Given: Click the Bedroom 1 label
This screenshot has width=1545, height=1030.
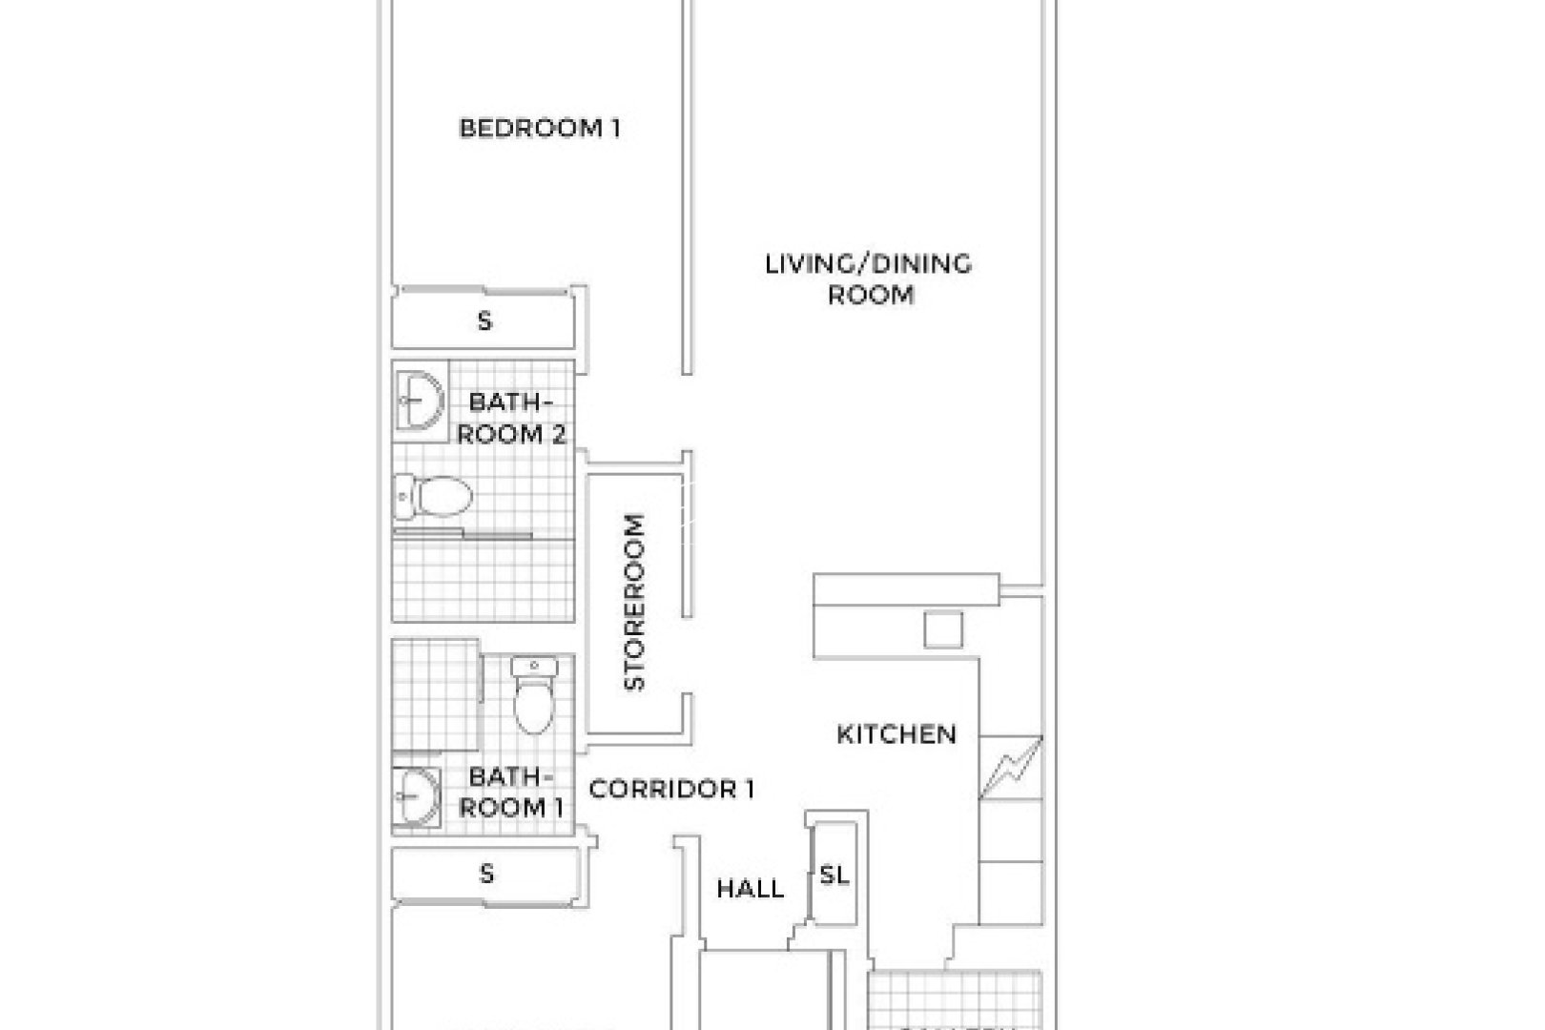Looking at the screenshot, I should pyautogui.click(x=540, y=128).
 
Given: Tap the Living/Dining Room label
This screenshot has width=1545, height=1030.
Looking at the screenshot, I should pyautogui.click(x=869, y=278).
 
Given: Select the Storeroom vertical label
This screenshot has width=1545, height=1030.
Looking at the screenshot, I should pyautogui.click(x=635, y=602).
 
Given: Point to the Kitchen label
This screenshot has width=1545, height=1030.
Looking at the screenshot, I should pyautogui.click(x=896, y=734).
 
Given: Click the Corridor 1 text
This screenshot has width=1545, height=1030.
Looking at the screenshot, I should pyautogui.click(x=671, y=790).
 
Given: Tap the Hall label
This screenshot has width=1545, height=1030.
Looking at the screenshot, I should pyautogui.click(x=751, y=889).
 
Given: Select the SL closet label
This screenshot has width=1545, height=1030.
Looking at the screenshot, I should pyautogui.click(x=834, y=875).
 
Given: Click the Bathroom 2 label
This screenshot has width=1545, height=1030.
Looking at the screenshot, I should pyautogui.click(x=511, y=418).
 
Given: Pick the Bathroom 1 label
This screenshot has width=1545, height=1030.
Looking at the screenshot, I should pyautogui.click(x=511, y=792).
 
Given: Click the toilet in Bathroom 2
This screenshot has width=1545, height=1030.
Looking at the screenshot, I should pyautogui.click(x=435, y=496).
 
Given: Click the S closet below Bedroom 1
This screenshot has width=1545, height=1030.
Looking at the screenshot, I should pyautogui.click(x=484, y=321).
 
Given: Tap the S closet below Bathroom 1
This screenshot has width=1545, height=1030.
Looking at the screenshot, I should pyautogui.click(x=486, y=873).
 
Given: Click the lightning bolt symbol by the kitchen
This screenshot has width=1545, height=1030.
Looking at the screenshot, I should pyautogui.click(x=1011, y=768).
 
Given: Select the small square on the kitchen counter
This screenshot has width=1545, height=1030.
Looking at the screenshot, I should pyautogui.click(x=943, y=629).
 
